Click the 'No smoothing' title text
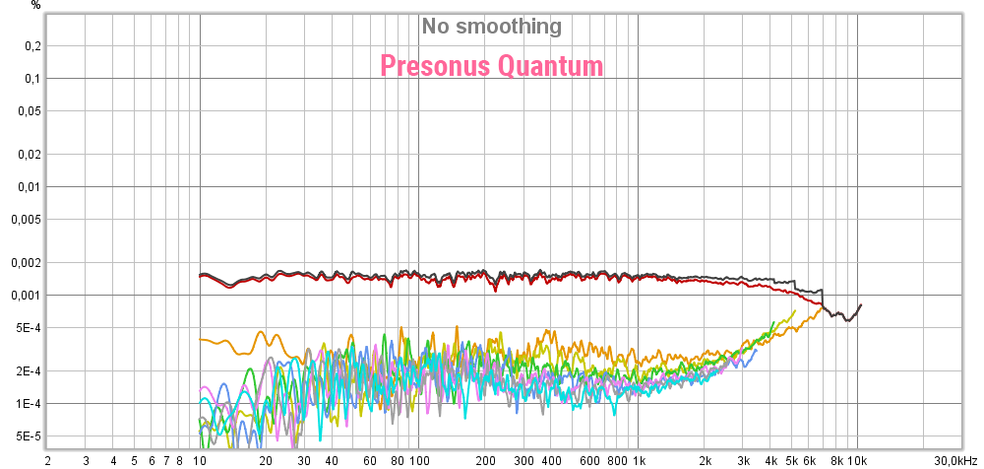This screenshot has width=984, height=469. coord(491,27)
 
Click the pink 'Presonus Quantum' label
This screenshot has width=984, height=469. coord(491,66)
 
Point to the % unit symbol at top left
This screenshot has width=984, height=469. coord(36,5)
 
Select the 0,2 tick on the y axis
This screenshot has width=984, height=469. coord(32,46)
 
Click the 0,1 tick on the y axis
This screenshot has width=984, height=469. coord(32,79)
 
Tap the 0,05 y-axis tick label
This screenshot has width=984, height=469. coord(30,111)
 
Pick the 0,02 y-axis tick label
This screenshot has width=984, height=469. coord(30,155)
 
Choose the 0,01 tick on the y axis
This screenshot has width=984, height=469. coord(30,187)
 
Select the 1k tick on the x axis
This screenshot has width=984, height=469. coord(639,460)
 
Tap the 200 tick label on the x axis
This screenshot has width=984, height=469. coord(485,460)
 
